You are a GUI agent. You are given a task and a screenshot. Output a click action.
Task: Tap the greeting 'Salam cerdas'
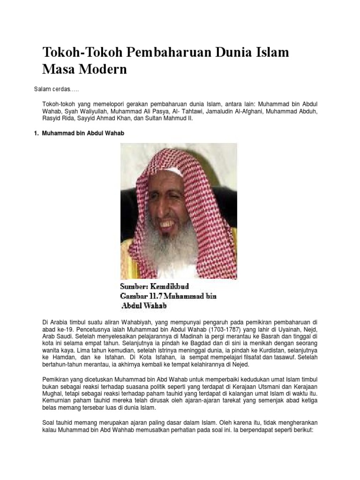(52, 89)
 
